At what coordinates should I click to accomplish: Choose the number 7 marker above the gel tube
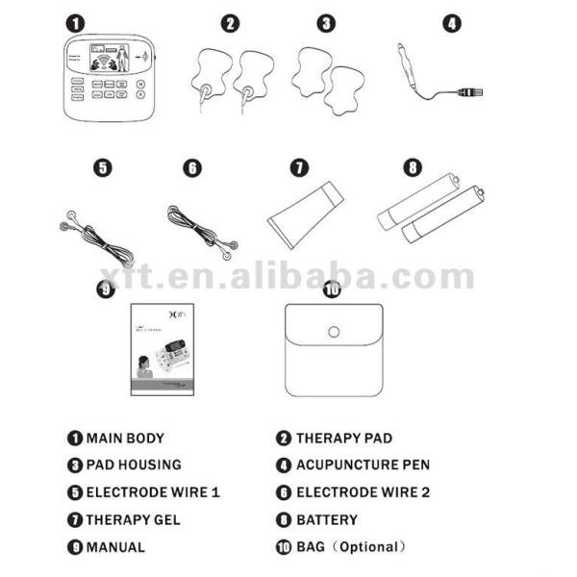(300, 167)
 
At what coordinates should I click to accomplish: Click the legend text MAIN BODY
(124, 438)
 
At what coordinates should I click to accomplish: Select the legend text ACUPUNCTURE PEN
(362, 464)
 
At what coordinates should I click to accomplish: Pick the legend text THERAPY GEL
(133, 520)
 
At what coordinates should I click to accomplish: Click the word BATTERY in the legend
(326, 520)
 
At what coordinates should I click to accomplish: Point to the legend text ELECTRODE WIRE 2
(363, 492)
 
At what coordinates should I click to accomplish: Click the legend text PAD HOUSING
(133, 464)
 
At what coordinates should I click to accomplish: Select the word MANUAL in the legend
(115, 547)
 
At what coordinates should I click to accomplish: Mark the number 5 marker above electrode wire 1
(102, 167)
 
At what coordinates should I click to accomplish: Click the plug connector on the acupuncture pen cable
(469, 92)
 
